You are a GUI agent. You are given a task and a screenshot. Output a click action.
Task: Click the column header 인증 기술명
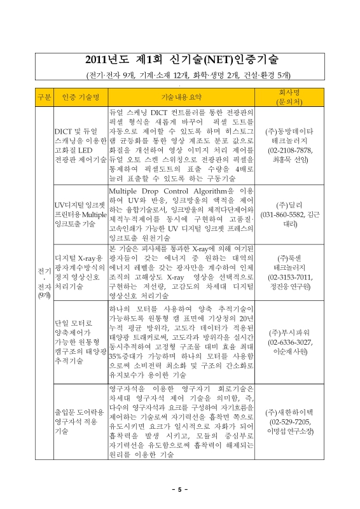click(81, 97)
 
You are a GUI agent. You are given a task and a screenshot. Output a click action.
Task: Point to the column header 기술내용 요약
click(180, 97)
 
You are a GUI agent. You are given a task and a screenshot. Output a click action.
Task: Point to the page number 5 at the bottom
click(180, 489)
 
